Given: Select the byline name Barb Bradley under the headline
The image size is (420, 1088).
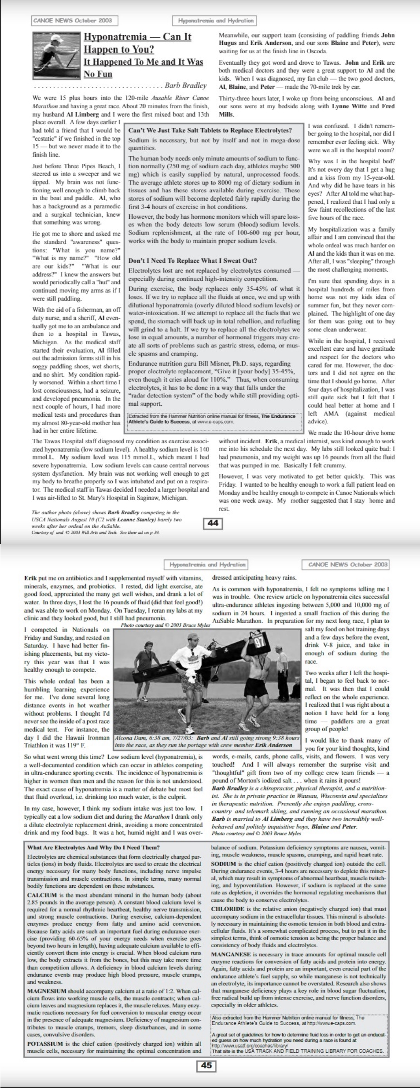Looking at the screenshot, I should click(x=185, y=85).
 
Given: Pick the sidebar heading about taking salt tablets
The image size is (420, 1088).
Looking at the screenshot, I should click(x=210, y=130).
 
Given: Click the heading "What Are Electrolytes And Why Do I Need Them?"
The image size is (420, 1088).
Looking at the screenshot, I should click(x=93, y=848).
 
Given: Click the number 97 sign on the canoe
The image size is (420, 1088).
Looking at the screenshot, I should click(x=260, y=640).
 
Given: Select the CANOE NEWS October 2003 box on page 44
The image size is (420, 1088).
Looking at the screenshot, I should click(x=73, y=20).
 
